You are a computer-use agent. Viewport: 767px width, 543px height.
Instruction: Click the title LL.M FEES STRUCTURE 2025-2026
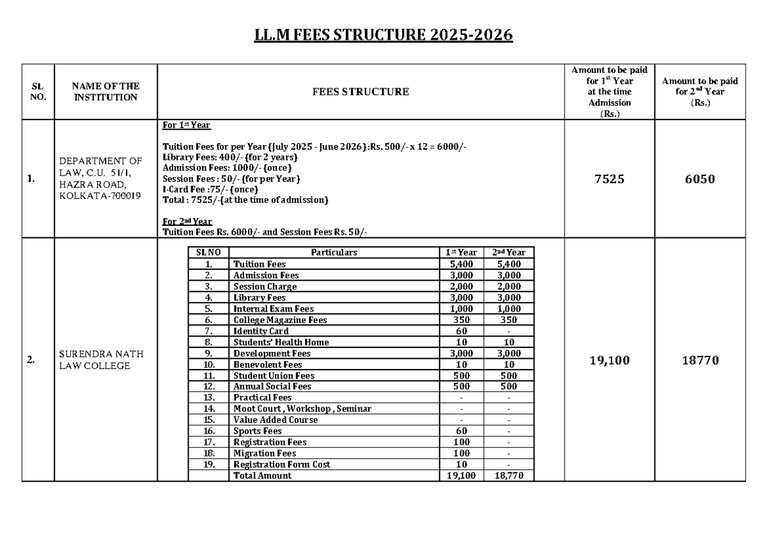(383, 35)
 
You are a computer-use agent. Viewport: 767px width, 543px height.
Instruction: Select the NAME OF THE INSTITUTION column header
(105, 92)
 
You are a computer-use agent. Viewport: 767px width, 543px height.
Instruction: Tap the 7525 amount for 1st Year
(610, 180)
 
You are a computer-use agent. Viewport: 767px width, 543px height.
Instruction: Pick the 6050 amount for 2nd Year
(699, 180)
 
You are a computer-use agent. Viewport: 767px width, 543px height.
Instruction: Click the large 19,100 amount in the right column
(610, 361)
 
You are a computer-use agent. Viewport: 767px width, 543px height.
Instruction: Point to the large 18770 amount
(699, 361)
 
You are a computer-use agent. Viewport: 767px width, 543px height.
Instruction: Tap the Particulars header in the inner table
(334, 253)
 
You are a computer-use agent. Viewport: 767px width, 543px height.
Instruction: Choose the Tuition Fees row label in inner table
(260, 264)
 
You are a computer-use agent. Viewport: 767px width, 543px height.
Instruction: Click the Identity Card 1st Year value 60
(461, 331)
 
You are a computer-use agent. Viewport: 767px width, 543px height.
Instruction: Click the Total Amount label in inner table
(263, 476)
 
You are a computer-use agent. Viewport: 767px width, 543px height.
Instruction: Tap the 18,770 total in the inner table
(508, 476)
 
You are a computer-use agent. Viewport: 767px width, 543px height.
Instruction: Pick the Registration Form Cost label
(282, 464)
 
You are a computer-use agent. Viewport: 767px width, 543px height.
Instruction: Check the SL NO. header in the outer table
(38, 92)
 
